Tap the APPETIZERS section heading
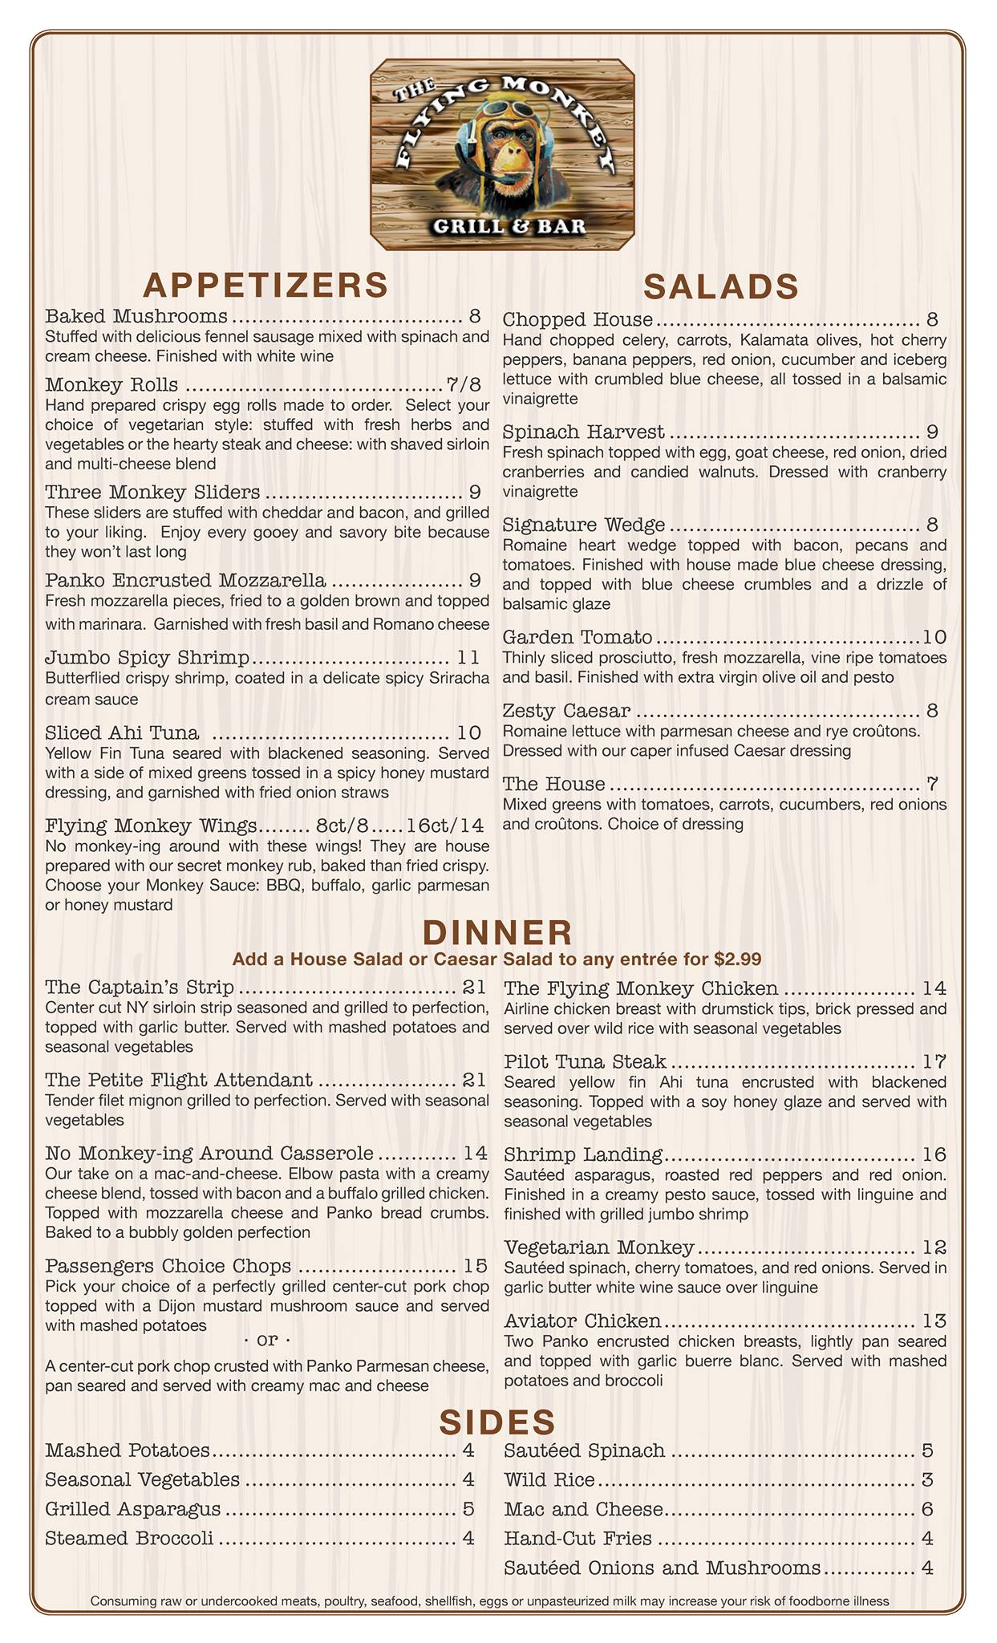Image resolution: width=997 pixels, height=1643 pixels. [265, 285]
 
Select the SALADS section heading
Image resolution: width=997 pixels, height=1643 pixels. [721, 286]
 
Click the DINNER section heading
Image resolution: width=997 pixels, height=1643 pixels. [497, 933]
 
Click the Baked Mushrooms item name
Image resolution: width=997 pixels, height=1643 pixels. [136, 315]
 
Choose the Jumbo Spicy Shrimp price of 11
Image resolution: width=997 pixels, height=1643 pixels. [468, 659]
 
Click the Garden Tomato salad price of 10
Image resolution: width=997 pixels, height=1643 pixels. [934, 638]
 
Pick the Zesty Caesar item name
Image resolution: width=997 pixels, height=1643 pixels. [566, 711]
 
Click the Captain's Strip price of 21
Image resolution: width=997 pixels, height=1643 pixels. [474, 987]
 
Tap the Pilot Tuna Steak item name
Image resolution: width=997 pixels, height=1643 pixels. [585, 1062]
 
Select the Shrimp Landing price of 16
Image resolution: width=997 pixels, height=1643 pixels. [934, 1155]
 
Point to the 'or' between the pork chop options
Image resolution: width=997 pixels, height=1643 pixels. [265, 1341]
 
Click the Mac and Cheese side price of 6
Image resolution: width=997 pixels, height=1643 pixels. [927, 1509]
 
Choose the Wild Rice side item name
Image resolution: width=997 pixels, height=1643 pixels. [549, 1479]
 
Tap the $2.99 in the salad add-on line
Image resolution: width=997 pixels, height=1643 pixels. [736, 959]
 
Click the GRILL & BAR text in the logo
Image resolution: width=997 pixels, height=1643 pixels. [509, 225]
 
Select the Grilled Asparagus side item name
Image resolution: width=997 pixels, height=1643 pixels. [133, 1509]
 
